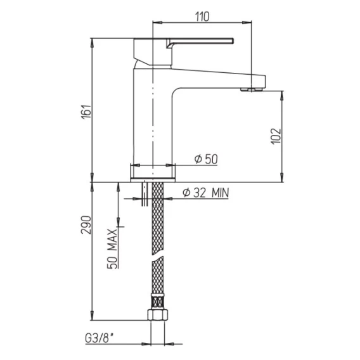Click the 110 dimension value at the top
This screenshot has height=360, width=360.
point(202,16)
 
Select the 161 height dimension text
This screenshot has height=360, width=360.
point(86,112)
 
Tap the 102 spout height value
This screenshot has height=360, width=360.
point(276,136)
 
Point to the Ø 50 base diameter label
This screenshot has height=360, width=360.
point(206,159)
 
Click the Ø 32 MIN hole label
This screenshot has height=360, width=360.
point(206,193)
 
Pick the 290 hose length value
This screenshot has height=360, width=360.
point(86,225)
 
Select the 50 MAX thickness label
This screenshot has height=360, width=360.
point(113,248)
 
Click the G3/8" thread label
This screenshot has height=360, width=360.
point(100,338)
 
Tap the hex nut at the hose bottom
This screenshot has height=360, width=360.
point(157,315)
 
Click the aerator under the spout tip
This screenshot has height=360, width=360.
point(252,89)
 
